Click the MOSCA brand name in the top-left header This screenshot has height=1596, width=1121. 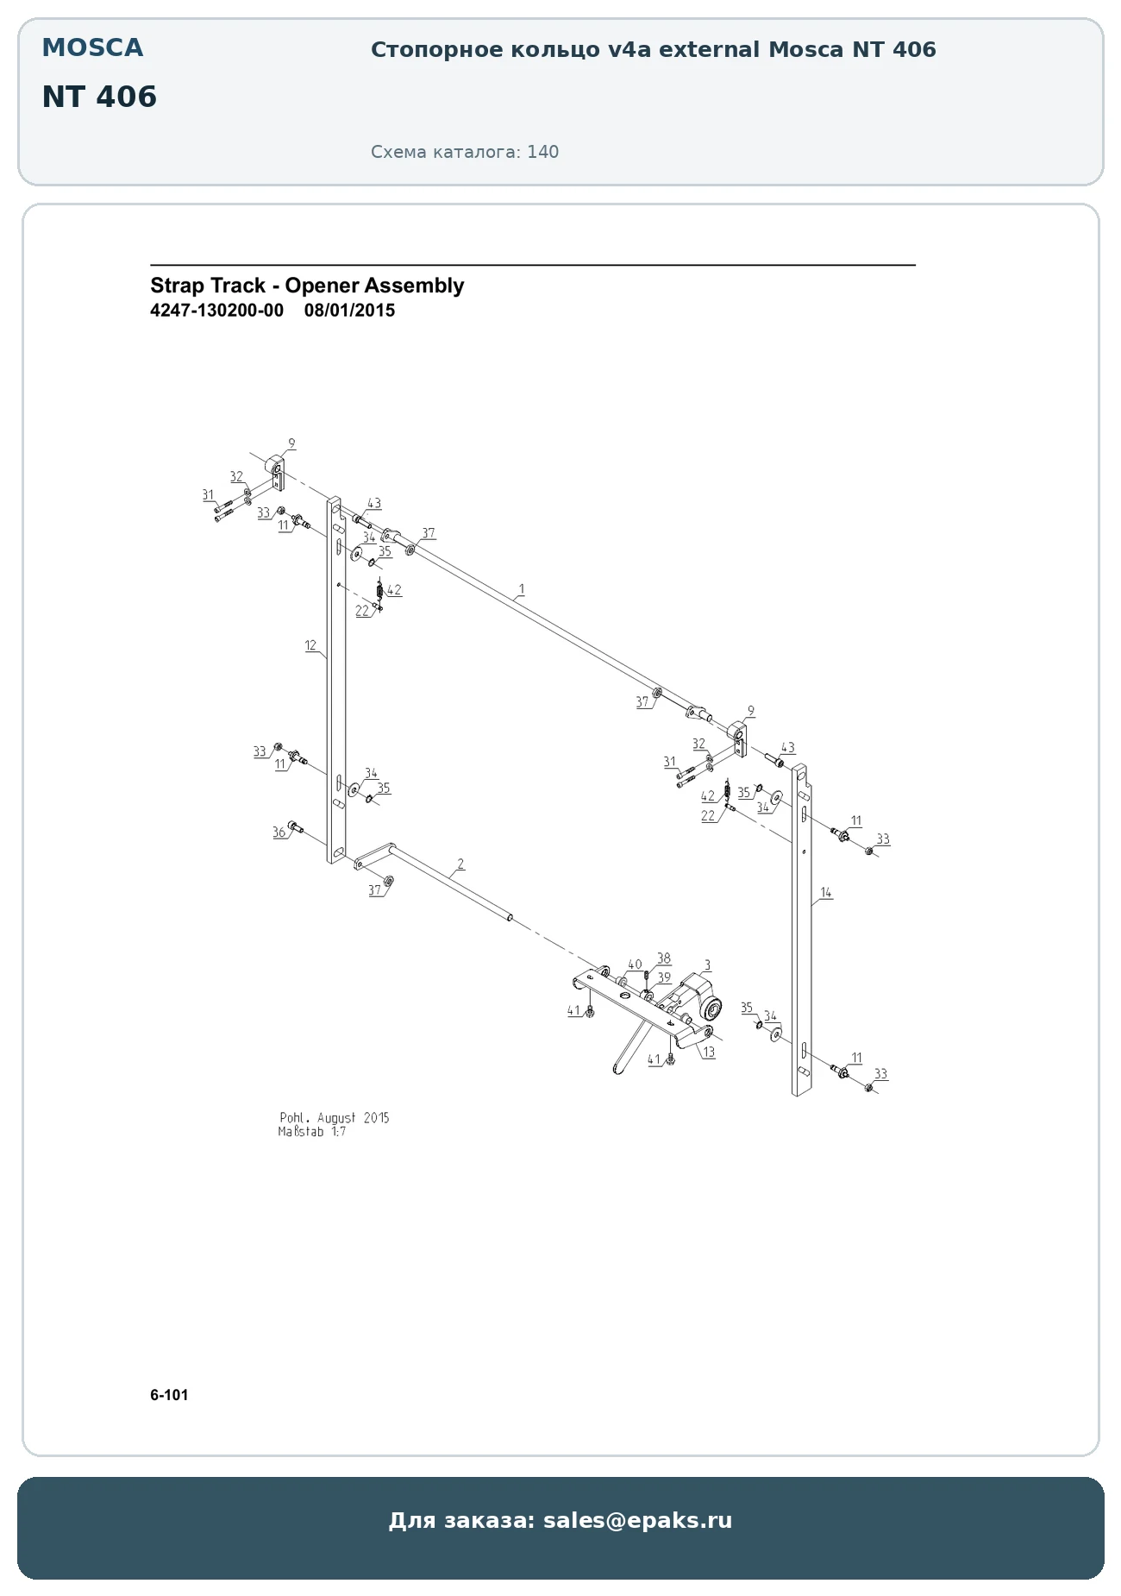(x=92, y=48)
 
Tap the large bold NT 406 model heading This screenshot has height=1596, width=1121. (x=99, y=97)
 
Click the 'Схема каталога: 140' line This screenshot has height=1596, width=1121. (x=465, y=152)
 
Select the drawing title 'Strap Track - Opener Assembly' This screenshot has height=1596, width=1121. (x=307, y=286)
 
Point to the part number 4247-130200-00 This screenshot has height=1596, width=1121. (x=216, y=311)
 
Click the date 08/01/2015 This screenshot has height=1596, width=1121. (x=349, y=311)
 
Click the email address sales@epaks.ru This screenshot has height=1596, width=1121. (x=637, y=1519)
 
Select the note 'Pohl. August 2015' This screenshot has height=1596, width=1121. (x=335, y=1118)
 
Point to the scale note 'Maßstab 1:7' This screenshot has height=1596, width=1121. (x=312, y=1132)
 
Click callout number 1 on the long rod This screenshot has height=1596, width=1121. (x=521, y=590)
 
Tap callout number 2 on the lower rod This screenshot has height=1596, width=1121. (x=460, y=864)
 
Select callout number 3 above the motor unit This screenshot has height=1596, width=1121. (x=707, y=965)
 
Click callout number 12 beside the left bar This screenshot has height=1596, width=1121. (x=310, y=645)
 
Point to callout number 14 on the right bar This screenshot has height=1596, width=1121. (x=825, y=893)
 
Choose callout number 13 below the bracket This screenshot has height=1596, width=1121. (x=709, y=1052)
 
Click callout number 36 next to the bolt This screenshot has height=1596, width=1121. (x=279, y=833)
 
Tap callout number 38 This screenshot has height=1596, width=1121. (x=663, y=958)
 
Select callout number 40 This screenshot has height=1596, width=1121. (x=635, y=965)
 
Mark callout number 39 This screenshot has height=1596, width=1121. (x=663, y=977)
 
